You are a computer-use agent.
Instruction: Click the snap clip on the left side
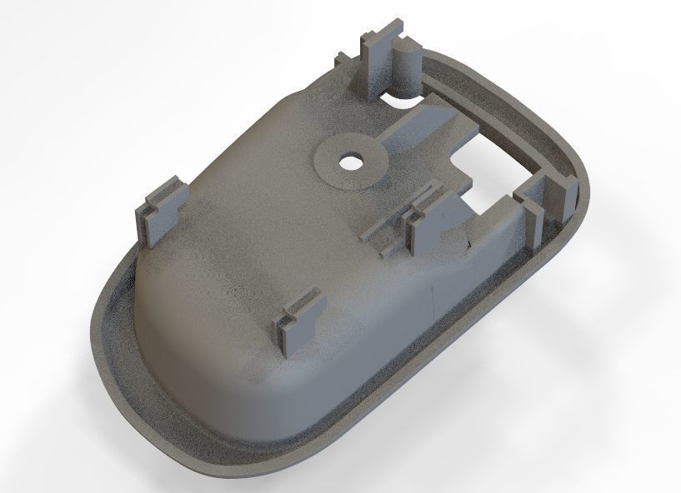(x=161, y=211)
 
